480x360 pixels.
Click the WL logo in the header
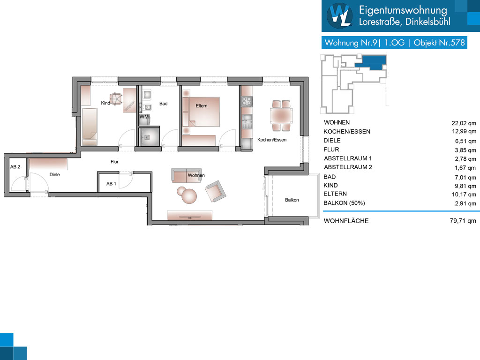340,15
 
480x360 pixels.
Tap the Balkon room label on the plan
292,200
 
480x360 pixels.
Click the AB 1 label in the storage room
111,184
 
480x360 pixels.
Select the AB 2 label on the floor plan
15,167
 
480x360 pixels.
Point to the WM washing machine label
144,117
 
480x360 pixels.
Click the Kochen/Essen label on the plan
272,140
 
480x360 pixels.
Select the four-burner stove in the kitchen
247,101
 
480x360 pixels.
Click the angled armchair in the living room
216,191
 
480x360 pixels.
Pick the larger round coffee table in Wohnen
189,196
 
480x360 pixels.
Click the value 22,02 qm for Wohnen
464,123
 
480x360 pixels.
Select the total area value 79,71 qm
463,221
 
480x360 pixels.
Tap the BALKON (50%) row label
344,203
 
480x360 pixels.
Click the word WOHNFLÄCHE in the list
346,221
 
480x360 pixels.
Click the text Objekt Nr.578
439,43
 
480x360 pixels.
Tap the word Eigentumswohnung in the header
403,10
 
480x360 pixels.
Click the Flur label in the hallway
114,162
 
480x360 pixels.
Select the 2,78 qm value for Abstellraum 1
465,159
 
